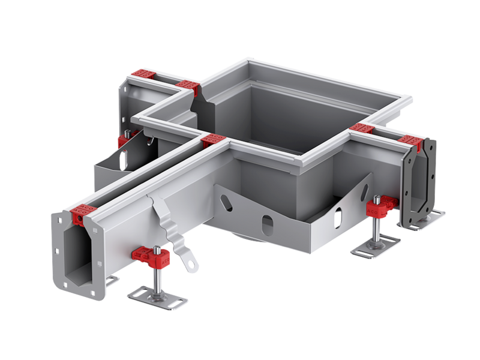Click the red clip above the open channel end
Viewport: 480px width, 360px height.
coord(80,212)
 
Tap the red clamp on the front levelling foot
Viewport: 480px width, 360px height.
coord(146,255)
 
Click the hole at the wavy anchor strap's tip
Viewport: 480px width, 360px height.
coord(193,262)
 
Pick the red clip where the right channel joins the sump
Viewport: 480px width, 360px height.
coord(361,128)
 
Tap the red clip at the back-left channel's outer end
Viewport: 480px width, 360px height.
coord(143,74)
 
